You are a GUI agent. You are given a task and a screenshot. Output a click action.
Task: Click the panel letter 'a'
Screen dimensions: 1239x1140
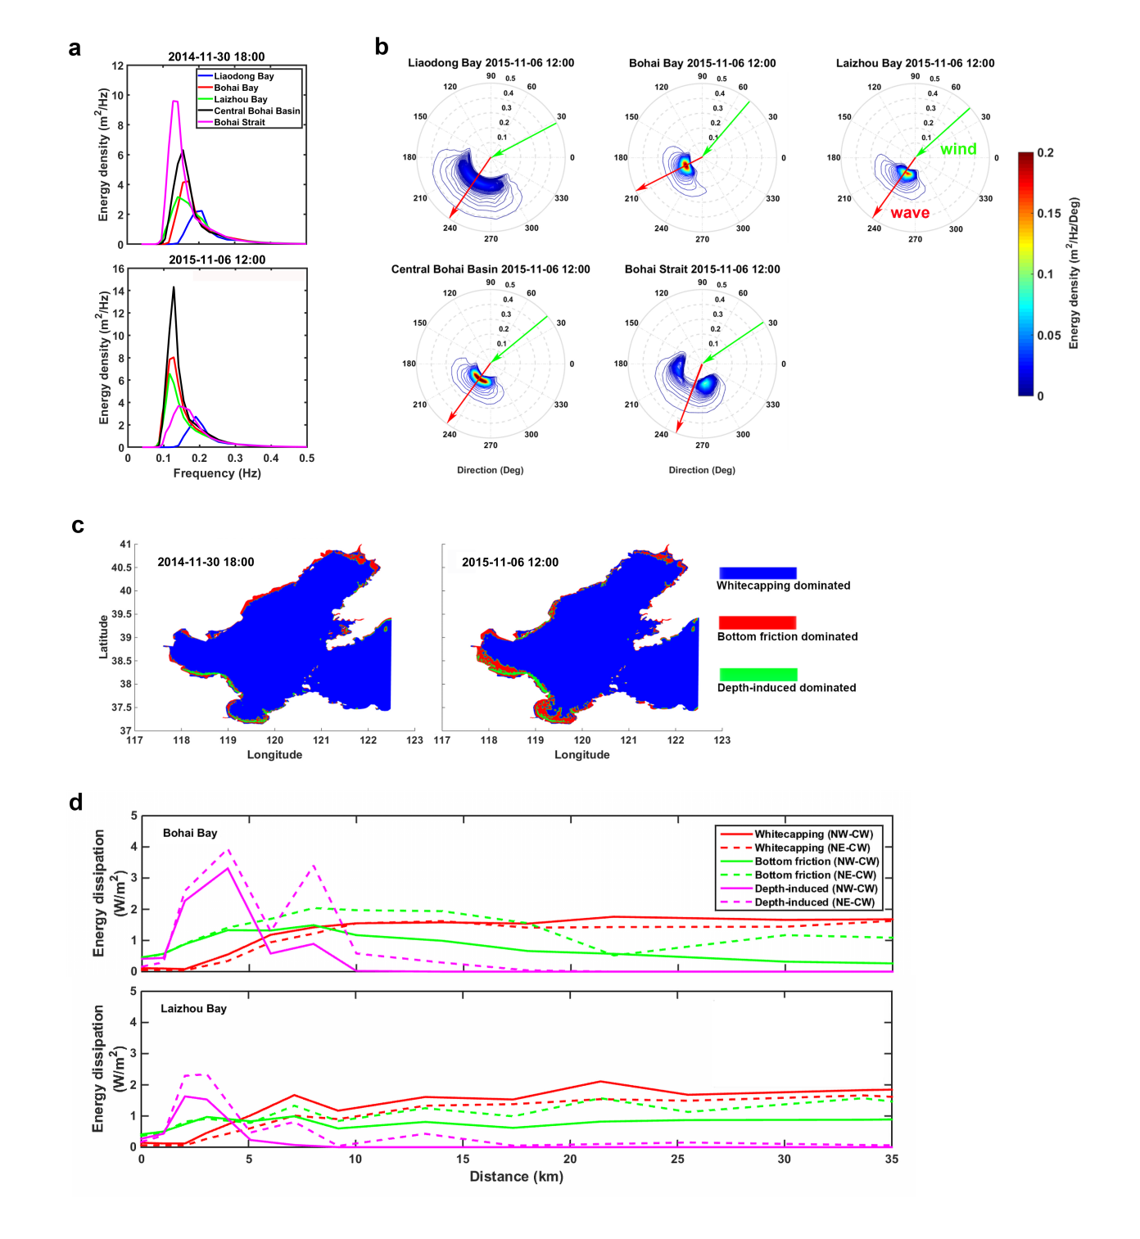(x=75, y=49)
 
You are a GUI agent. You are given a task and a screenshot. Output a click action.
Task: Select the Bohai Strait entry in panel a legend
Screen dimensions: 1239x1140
(x=239, y=123)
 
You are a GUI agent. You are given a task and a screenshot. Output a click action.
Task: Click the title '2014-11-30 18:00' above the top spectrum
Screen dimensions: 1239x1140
(x=216, y=57)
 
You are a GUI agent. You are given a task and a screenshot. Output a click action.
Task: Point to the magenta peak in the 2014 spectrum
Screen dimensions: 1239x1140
(x=174, y=102)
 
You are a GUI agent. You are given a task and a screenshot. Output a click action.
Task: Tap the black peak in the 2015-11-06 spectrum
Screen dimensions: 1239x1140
(x=174, y=287)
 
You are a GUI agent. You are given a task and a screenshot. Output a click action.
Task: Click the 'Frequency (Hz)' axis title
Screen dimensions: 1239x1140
(x=217, y=473)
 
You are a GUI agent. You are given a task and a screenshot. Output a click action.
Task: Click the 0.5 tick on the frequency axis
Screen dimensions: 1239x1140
(x=306, y=459)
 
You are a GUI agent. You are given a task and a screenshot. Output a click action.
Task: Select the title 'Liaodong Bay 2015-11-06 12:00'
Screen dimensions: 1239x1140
(x=491, y=63)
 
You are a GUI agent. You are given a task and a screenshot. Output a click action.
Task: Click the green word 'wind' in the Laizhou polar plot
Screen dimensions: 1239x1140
(x=958, y=149)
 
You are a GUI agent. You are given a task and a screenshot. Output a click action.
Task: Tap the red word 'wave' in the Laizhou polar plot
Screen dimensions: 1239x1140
(x=910, y=213)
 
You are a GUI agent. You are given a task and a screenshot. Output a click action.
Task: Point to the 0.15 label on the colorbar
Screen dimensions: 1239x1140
(x=1048, y=214)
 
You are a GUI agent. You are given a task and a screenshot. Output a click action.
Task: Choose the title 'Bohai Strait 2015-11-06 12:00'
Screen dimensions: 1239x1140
(x=702, y=269)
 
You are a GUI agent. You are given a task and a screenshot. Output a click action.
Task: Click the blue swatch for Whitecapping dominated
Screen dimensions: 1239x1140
(x=758, y=573)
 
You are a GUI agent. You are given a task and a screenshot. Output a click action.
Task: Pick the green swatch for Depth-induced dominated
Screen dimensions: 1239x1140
(x=758, y=675)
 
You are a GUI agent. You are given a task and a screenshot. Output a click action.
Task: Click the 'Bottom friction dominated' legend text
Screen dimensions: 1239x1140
(x=787, y=637)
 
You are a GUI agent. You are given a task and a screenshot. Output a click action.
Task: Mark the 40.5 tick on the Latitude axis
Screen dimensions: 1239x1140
(x=121, y=567)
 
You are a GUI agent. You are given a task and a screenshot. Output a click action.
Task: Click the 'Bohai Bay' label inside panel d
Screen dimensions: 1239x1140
(x=190, y=834)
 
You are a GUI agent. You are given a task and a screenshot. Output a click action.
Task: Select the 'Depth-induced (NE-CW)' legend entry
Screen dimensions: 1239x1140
(x=814, y=902)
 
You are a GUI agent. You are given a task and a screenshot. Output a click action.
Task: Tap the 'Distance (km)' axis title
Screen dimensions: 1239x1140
(x=516, y=1177)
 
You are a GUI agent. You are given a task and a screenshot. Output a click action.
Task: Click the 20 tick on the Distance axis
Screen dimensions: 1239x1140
(x=570, y=1159)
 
